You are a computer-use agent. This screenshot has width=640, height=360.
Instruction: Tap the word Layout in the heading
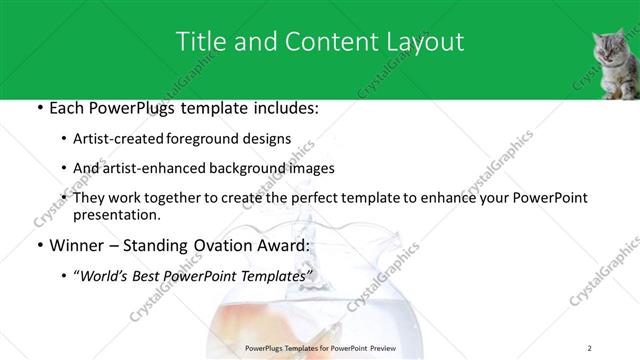coord(424,41)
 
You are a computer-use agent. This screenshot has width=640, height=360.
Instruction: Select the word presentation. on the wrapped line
coord(115,214)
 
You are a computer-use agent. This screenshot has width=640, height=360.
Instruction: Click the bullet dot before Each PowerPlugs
coord(39,108)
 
